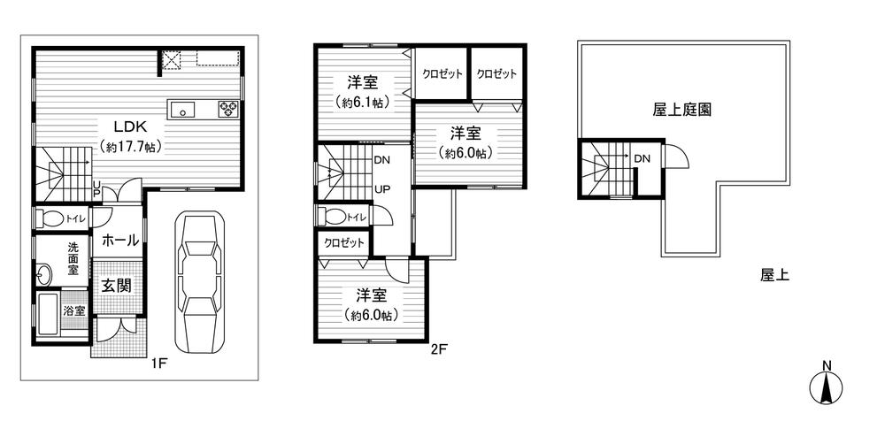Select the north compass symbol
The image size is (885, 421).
point(827,386)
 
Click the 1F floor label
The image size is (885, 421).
point(158,361)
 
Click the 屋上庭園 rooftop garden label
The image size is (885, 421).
point(682,110)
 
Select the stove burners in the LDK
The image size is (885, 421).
point(228,110)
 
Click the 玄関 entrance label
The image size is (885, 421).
point(116,286)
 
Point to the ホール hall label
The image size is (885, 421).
point(119,240)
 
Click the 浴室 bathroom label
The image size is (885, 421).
point(74,310)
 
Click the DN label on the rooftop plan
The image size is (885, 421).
point(643,158)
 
